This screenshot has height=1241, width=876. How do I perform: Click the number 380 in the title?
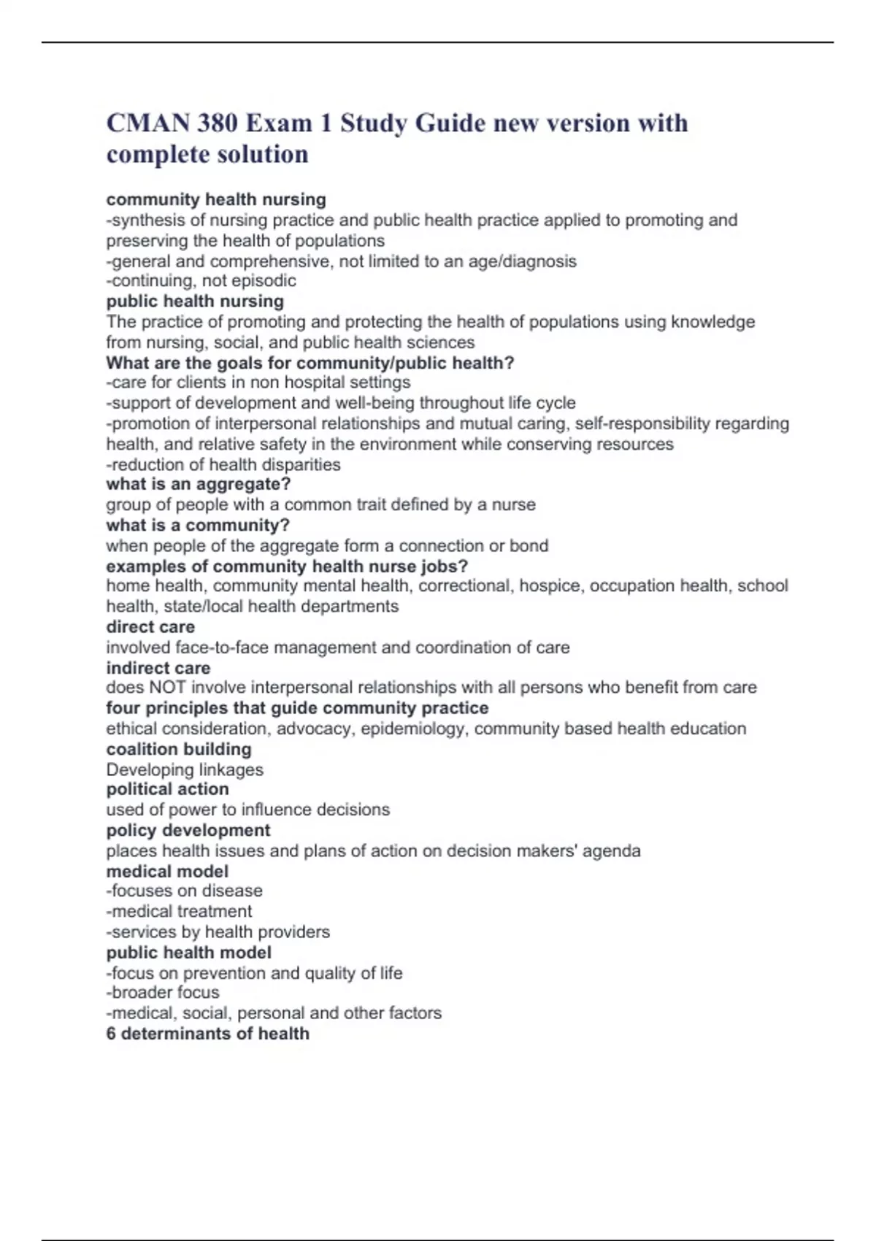point(216,123)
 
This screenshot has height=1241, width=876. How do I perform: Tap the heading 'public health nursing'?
point(195,301)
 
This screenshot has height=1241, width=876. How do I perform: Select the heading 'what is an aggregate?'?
point(199,484)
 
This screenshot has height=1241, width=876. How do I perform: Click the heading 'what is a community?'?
point(198,525)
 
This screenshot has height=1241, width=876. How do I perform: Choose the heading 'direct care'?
point(150,627)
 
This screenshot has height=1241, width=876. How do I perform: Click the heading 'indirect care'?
point(158,668)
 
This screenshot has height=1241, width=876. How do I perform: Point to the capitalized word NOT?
point(167,688)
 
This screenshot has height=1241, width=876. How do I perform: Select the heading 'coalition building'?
point(179,749)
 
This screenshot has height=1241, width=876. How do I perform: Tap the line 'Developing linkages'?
point(185,769)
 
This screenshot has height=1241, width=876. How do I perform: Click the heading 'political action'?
point(168,789)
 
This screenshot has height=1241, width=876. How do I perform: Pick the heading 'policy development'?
point(188,831)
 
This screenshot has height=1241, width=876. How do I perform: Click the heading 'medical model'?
point(167,872)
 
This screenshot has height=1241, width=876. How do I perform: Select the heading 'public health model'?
point(188,953)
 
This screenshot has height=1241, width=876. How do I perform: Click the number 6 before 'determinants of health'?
point(111,1034)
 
